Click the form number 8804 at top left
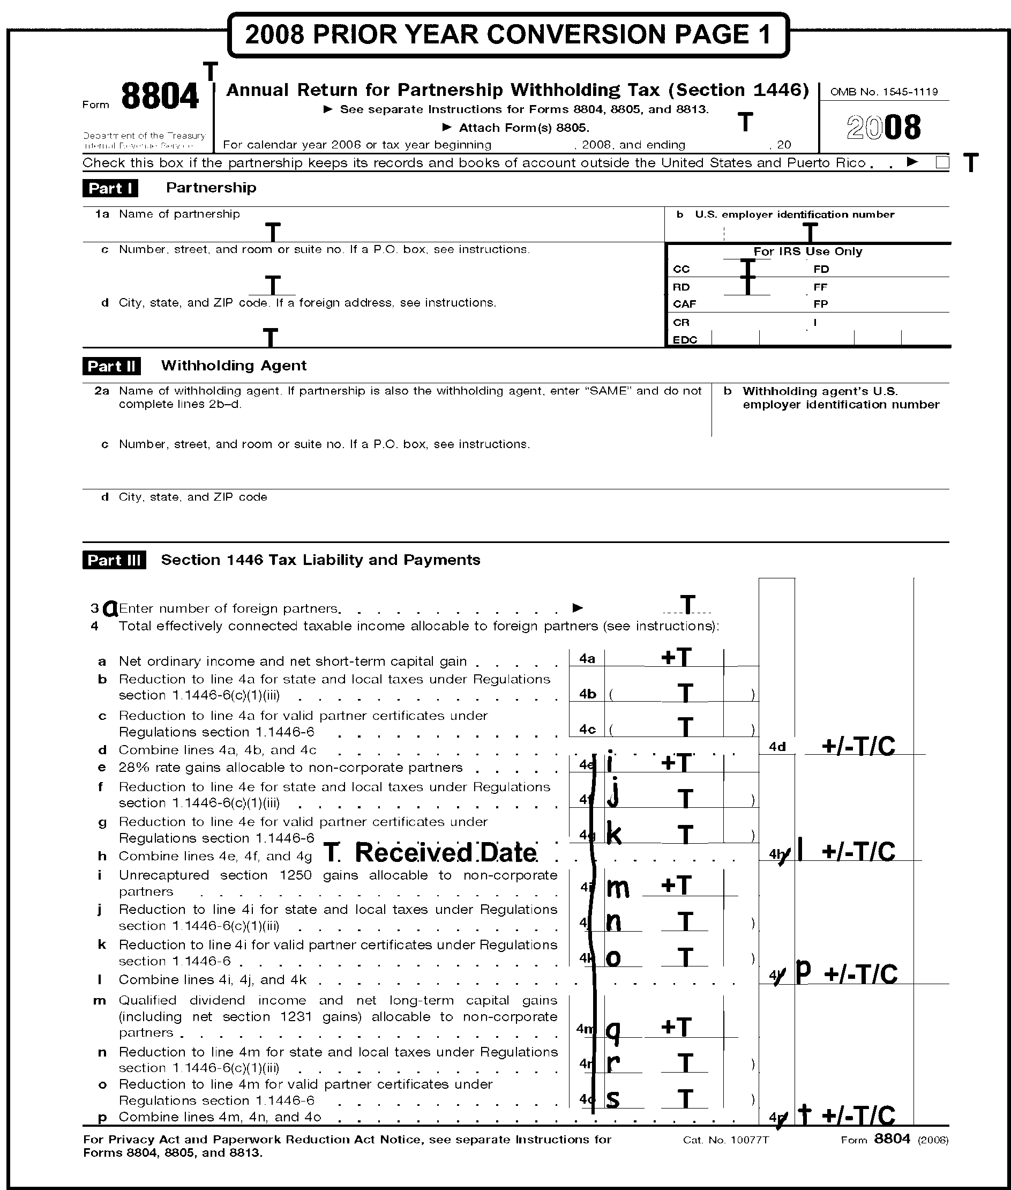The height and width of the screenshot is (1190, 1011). pyautogui.click(x=160, y=96)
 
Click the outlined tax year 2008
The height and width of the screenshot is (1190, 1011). pyautogui.click(x=884, y=128)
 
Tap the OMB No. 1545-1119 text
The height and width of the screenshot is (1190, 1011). pyautogui.click(x=884, y=92)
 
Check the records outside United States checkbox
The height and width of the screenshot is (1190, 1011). pyautogui.click(x=942, y=162)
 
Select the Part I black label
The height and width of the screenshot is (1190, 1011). pyautogui.click(x=110, y=188)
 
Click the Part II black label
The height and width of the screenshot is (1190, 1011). pyautogui.click(x=112, y=366)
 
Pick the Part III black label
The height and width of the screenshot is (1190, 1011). pyautogui.click(x=114, y=560)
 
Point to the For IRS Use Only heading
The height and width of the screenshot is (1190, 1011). pyautogui.click(x=807, y=251)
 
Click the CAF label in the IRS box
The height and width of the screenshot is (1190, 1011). pyautogui.click(x=684, y=304)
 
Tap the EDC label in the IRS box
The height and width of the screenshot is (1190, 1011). pyautogui.click(x=685, y=339)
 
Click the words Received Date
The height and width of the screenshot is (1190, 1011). pyautogui.click(x=446, y=853)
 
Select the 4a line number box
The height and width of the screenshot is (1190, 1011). pyautogui.click(x=587, y=658)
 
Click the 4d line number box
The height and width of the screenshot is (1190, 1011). pyautogui.click(x=777, y=747)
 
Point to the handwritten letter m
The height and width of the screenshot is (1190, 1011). pyautogui.click(x=618, y=888)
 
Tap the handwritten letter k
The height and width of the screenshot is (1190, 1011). pyautogui.click(x=614, y=835)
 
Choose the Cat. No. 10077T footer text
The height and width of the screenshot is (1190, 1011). pyautogui.click(x=725, y=1140)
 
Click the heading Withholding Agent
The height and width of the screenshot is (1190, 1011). pyautogui.click(x=234, y=366)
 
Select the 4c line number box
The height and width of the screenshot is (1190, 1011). pyautogui.click(x=587, y=730)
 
